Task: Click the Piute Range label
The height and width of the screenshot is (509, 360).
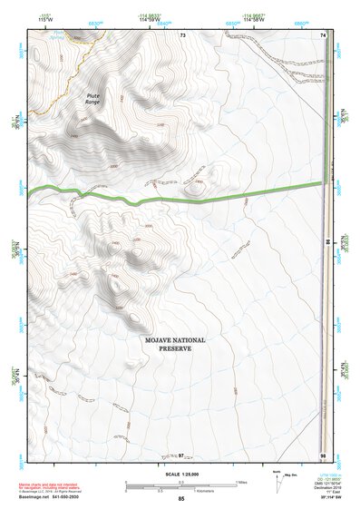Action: click(x=92, y=98)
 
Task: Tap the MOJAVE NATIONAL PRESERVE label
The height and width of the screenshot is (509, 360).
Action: click(x=176, y=345)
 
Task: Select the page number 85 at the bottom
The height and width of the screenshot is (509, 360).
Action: click(x=181, y=500)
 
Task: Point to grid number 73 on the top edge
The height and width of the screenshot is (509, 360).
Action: click(x=182, y=34)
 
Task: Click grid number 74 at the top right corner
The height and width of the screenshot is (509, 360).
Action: click(x=323, y=34)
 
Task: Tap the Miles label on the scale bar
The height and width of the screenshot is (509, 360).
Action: click(x=239, y=481)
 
